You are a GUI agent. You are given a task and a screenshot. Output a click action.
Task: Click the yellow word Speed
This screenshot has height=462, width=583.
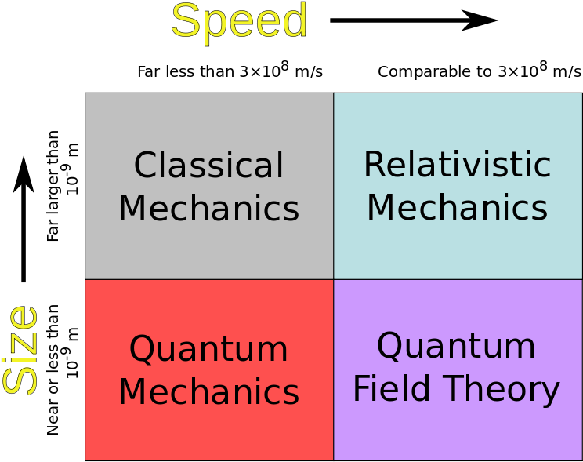pos(239,22)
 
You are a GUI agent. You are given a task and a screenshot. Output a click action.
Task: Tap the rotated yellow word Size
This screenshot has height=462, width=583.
pos(21,350)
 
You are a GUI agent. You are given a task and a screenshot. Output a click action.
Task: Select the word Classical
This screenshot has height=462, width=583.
pos(208,166)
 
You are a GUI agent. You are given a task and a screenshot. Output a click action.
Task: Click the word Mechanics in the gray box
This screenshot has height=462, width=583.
pos(208,209)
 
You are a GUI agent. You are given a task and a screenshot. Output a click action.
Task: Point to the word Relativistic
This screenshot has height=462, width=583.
pos(457,166)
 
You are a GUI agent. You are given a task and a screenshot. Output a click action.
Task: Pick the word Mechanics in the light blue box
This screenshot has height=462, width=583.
pos(457,208)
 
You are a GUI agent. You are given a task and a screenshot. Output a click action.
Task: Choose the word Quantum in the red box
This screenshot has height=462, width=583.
pos(208,350)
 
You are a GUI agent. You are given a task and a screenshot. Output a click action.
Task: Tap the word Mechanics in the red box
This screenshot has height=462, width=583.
pos(208,392)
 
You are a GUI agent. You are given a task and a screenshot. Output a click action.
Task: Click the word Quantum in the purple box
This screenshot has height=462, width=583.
pos(456,347)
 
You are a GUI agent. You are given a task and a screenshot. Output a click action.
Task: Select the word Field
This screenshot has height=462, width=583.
pos(386,389)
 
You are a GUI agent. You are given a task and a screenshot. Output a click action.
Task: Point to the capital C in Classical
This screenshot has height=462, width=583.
pos(144,166)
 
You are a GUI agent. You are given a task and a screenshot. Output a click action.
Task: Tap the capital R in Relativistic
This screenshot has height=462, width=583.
pos(374,166)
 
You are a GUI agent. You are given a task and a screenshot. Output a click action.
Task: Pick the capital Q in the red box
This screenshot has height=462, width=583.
pos(143,350)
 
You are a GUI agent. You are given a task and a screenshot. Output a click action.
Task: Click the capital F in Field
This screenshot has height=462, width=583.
pos(360,389)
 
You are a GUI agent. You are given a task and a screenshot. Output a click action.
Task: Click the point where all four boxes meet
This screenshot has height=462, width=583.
pos(334,279)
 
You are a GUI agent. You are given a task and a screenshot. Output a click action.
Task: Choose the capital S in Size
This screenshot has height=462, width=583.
pos(20,380)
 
